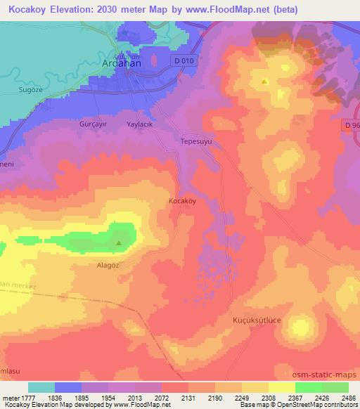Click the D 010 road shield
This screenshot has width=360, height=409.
click(183, 61)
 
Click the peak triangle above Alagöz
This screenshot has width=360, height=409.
click(118, 244)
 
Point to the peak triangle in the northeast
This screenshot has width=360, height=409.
click(264, 82)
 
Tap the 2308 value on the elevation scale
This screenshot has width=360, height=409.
click(267, 398)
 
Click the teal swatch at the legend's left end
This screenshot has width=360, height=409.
click(41, 387)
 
